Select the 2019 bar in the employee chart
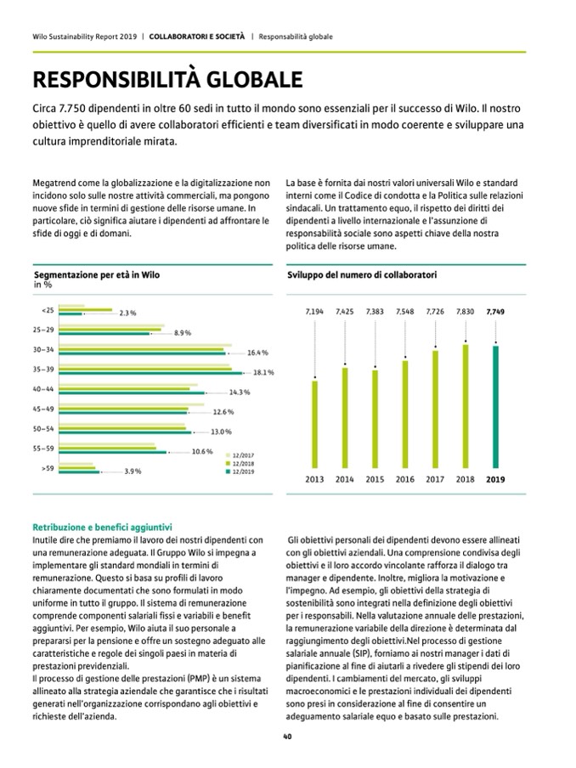pos(494,406)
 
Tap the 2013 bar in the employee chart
pos(314,423)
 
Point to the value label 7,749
pos(494,313)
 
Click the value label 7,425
pos(345,313)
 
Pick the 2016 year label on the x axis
pos(404,479)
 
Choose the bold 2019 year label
pos(494,479)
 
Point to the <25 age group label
pos(48,310)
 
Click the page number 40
pos(288,737)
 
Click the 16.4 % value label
pos(258,353)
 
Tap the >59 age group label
pos(48,467)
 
